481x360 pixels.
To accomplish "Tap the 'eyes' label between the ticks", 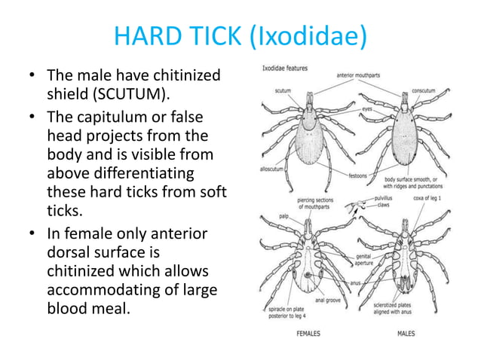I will pyautogui.click(x=367, y=108).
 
